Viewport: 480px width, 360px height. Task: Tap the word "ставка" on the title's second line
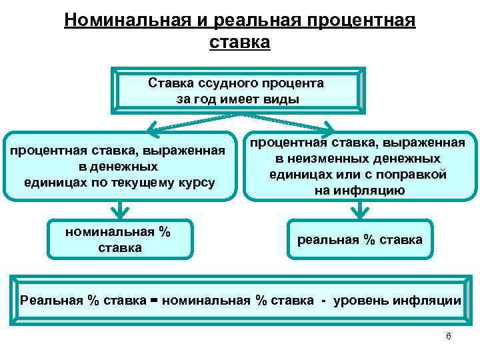pyautogui.click(x=239, y=43)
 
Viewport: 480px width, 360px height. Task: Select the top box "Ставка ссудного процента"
pyautogui.click(x=239, y=91)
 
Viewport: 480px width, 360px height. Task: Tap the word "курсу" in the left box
pyautogui.click(x=195, y=182)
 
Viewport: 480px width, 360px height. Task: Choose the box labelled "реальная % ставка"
pyautogui.click(x=359, y=239)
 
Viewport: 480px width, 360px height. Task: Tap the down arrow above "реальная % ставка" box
pyautogui.click(x=360, y=212)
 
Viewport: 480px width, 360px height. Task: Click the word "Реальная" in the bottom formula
pyautogui.click(x=52, y=300)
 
